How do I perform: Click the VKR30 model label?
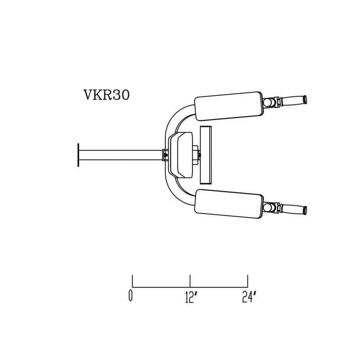click(x=106, y=95)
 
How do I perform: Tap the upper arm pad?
click(x=228, y=106)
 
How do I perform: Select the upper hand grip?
click(x=295, y=101)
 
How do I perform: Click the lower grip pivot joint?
click(x=272, y=207)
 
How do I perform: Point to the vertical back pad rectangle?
click(x=207, y=154)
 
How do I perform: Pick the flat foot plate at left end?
click(x=78, y=154)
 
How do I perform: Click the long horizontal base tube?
click(x=121, y=154)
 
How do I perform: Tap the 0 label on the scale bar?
click(x=131, y=297)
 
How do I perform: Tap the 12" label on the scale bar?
click(x=190, y=297)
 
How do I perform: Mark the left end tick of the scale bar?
click(x=132, y=281)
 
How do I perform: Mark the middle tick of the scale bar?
click(x=190, y=281)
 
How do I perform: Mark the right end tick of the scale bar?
click(x=248, y=281)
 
